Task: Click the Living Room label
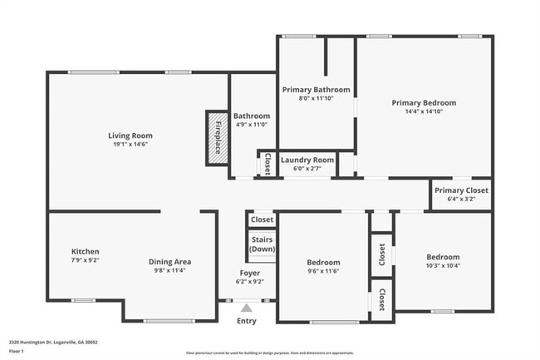(x=130, y=136)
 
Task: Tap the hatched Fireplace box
(x=217, y=137)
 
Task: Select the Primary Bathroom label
(x=316, y=90)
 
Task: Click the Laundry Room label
(x=307, y=160)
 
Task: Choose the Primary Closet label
(x=462, y=190)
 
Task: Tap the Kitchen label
(x=85, y=251)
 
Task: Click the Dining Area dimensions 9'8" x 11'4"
(x=170, y=270)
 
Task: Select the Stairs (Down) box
(x=262, y=244)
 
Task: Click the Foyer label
(x=250, y=273)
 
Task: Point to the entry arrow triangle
(x=246, y=308)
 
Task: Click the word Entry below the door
(x=247, y=322)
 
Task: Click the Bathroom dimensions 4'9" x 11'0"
(x=251, y=125)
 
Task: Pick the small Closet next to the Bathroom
(x=267, y=164)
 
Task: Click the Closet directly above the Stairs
(x=262, y=220)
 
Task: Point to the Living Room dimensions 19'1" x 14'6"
(x=130, y=145)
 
